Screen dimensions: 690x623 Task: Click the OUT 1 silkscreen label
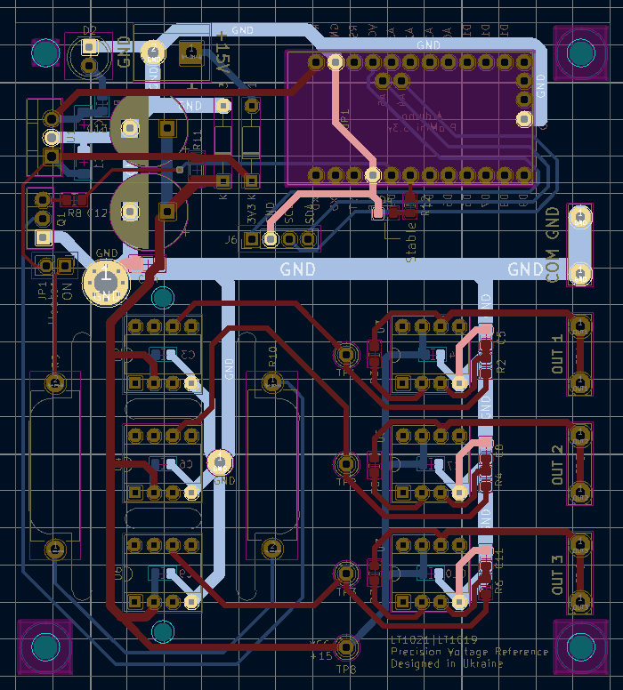pos(558,354)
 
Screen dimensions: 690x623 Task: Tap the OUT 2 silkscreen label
pos(558,463)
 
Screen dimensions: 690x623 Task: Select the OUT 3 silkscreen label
pos(558,574)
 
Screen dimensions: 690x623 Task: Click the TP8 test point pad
pos(346,645)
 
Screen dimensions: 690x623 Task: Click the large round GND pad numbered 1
pos(106,281)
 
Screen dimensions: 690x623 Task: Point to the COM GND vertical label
pos(553,245)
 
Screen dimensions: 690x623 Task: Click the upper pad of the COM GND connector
pos(580,217)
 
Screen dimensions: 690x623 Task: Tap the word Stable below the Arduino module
pos(410,242)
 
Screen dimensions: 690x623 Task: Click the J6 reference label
pos(231,239)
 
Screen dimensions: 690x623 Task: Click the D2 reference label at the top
pos(89,31)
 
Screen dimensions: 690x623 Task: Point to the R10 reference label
pos(272,357)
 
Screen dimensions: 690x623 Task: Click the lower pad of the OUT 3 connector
pos(580,601)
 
